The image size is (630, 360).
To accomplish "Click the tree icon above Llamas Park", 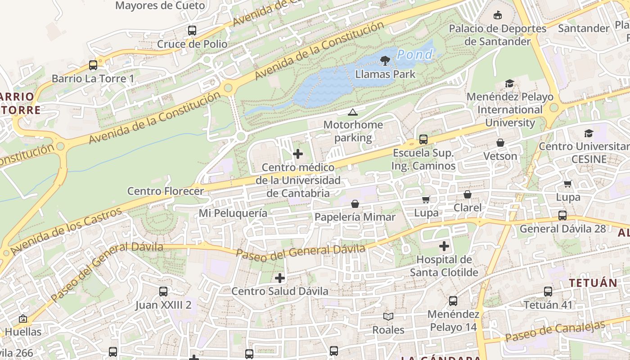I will (385, 60).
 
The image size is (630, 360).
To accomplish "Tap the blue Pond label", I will (414, 55).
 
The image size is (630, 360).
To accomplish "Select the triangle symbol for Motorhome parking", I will (353, 112).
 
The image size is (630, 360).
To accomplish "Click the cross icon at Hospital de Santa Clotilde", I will (444, 246).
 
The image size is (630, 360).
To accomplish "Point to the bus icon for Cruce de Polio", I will (192, 31).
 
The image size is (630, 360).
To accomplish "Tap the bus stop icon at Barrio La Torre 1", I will (93, 65).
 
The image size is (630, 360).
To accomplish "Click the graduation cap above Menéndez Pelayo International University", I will (509, 84).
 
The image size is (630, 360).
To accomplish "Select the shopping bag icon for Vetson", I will (500, 143).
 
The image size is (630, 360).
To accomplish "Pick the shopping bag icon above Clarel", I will (468, 194).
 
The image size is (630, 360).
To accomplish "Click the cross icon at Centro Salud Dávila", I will (280, 278).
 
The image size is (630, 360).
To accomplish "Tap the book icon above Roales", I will (388, 316).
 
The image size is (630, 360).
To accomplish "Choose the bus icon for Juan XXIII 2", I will (163, 292).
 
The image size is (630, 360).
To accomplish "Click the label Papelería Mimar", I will (355, 217).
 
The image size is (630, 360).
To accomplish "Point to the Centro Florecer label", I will (166, 191).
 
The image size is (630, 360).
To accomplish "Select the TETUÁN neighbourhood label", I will (593, 283).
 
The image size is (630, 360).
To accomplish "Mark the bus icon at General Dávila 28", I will (562, 216).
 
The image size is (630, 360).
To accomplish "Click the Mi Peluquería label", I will (233, 213).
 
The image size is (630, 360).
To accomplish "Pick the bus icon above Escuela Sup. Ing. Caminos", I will (423, 139).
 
